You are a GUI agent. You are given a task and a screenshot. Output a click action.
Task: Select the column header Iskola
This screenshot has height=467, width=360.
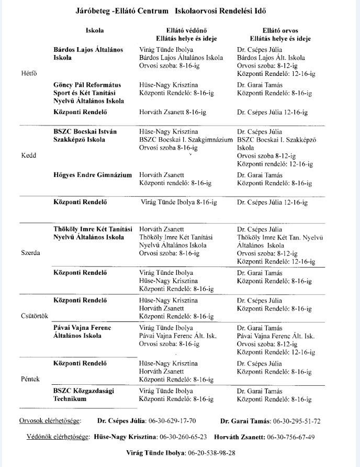(95, 31)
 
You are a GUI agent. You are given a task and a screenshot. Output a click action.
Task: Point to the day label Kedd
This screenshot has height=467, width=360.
(28, 156)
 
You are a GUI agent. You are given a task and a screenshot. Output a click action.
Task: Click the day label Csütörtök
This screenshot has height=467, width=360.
(34, 316)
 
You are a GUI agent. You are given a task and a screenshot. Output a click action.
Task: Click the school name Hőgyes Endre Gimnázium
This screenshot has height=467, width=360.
(92, 175)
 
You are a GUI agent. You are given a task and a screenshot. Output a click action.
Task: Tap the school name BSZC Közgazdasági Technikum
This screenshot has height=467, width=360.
(84, 395)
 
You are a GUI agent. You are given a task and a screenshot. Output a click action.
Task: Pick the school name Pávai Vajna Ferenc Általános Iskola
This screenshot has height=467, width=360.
(82, 331)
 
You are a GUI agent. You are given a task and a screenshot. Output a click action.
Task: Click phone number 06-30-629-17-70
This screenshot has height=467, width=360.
(172, 421)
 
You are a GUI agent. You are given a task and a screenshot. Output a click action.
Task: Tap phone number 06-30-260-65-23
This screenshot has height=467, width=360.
(183, 437)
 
